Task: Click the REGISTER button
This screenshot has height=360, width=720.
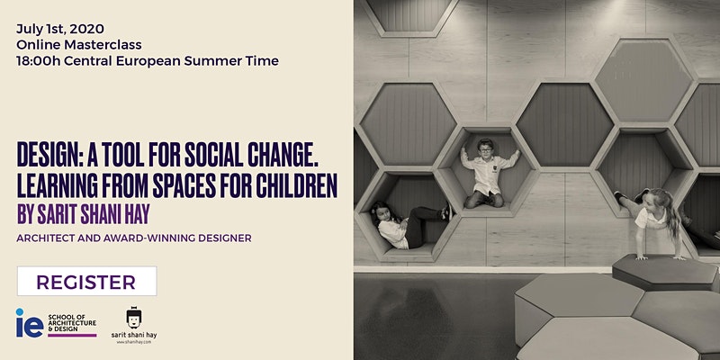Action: click(86, 281)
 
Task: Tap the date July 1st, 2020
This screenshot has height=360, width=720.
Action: click(60, 29)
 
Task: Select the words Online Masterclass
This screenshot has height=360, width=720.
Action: click(79, 45)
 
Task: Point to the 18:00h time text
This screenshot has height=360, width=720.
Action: click(39, 61)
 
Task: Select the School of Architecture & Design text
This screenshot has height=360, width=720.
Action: click(72, 323)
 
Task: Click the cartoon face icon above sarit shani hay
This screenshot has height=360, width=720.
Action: click(134, 318)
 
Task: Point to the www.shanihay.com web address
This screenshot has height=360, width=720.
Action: click(134, 342)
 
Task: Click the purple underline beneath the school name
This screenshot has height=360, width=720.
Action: click(72, 336)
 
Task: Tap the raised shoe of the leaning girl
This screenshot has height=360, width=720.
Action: click(619, 195)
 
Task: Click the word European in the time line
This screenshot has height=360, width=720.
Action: click(148, 61)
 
